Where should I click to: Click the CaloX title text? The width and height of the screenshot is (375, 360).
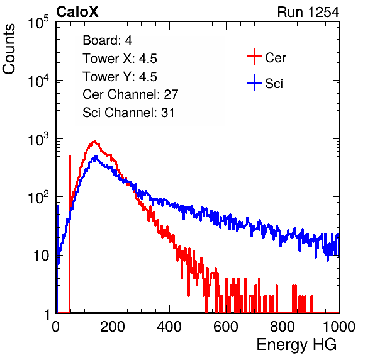coord(77,12)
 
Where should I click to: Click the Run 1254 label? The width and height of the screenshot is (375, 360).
coord(308,12)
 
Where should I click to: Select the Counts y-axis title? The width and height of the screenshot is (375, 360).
coord(9,49)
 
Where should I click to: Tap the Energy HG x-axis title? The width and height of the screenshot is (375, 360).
coord(296,345)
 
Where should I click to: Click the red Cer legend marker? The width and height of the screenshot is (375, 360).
coord(254,57)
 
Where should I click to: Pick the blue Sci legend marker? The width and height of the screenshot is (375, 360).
coord(254,82)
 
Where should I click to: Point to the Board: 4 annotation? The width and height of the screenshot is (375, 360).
coord(107,40)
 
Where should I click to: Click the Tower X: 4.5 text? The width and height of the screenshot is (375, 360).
coord(120,59)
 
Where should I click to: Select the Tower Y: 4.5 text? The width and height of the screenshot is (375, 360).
coord(120,77)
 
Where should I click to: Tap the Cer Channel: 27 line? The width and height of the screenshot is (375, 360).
coord(130,94)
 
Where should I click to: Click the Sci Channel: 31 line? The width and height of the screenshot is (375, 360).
coord(128,113)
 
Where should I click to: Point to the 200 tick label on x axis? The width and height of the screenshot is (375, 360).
coord(113,327)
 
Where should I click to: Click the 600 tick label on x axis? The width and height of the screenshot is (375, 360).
coord(226,327)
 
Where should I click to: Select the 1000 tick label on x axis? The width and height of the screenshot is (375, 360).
coord(339,327)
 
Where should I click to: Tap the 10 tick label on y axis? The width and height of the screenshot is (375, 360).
coord(42,256)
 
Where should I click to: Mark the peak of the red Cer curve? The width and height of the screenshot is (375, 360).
coord(95,141)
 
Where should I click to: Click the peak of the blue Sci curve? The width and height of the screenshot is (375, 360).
coord(96,156)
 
